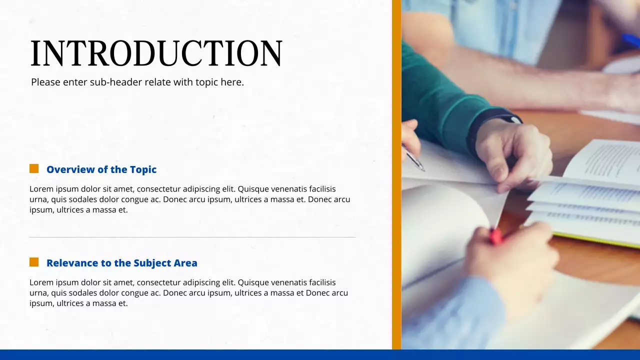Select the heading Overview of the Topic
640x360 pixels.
[101, 169]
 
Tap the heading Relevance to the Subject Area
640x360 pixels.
[121, 263]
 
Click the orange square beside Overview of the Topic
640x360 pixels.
[34, 168]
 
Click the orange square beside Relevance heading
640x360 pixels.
[34, 262]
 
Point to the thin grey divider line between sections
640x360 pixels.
[192, 237]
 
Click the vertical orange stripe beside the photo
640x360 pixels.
[396, 174]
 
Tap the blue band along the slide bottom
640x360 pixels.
[320, 354]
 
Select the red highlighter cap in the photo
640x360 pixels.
[495, 236]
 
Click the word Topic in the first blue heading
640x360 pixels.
[143, 169]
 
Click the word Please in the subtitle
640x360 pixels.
[45, 82]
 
